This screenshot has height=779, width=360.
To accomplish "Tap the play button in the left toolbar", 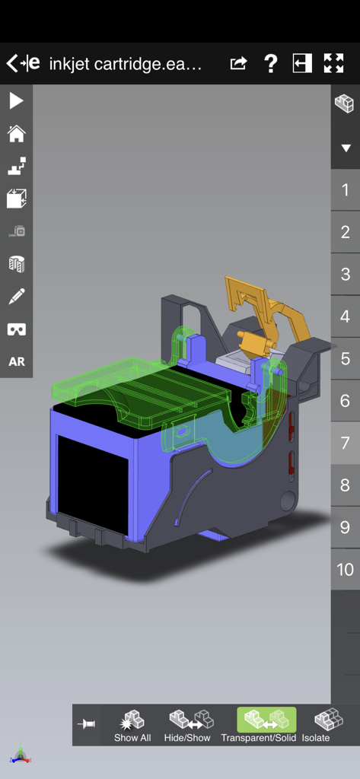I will pyautogui.click(x=16, y=100).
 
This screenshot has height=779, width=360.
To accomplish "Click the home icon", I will pyautogui.click(x=16, y=134).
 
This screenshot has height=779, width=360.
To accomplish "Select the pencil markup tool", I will pyautogui.click(x=16, y=296).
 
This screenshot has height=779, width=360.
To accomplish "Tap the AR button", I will pyautogui.click(x=16, y=361).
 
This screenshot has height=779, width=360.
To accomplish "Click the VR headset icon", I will pyautogui.click(x=16, y=329).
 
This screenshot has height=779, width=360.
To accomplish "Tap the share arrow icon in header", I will pyautogui.click(x=238, y=64).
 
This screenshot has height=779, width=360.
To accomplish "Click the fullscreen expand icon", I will pyautogui.click(x=333, y=64).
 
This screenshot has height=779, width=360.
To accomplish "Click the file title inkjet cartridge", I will pyautogui.click(x=126, y=64).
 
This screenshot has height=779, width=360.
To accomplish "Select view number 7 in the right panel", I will pyautogui.click(x=345, y=443).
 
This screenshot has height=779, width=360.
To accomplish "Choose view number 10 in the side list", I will pyautogui.click(x=345, y=569).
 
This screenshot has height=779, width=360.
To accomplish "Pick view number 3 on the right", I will pyautogui.click(x=345, y=275).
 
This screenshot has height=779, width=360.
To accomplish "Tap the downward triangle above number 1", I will pyautogui.click(x=345, y=148).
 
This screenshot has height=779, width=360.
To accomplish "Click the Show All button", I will pyautogui.click(x=132, y=725).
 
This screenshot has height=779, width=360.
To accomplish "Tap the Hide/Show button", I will pyautogui.click(x=187, y=725).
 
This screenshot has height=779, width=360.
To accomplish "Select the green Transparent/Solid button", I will pyautogui.click(x=266, y=725).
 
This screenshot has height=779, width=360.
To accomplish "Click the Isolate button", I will pyautogui.click(x=316, y=725).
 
